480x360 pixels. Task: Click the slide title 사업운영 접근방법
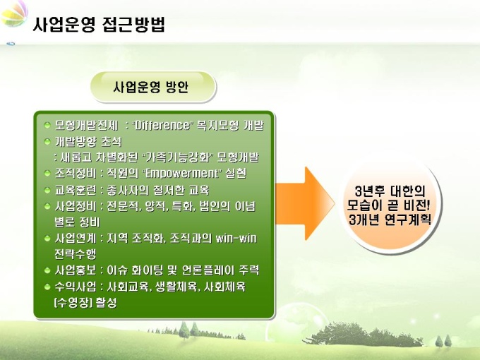[99, 24]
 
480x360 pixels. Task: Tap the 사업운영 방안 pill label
[150, 88]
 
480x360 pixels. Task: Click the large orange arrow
[305, 203]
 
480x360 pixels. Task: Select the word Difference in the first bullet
[162, 126]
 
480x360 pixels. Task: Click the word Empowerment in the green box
[182, 173]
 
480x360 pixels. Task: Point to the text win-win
[236, 238]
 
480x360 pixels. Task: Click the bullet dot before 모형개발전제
[47, 125]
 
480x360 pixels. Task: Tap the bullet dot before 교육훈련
[47, 191]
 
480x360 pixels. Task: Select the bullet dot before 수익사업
[47, 287]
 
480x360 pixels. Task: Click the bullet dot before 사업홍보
[47, 270]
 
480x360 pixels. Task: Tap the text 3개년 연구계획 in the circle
[390, 220]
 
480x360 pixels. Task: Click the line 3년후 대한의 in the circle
[390, 191]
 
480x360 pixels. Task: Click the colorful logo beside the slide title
[14, 14]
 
